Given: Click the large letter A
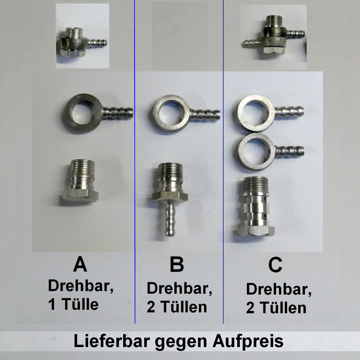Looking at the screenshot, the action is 80,264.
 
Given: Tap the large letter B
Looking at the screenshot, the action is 177,264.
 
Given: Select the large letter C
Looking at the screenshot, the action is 275,265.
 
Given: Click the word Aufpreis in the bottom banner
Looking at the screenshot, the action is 248,342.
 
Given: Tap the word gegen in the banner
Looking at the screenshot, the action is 181,342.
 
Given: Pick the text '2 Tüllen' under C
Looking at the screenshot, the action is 276,308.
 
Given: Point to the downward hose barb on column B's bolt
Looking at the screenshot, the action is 170,218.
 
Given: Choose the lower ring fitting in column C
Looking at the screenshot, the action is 271,152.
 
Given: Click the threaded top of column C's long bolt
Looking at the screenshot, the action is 256,184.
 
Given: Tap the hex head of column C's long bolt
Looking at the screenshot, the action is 256,230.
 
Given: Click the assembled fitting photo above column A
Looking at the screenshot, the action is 82,36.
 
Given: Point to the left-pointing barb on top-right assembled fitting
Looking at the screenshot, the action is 251,44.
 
